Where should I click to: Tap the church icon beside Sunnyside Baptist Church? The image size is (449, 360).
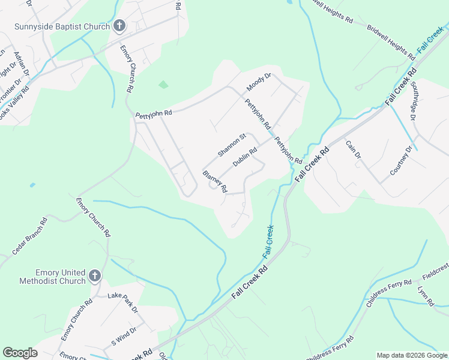[x=119, y=26]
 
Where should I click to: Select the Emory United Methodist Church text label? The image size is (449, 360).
[x=52, y=277]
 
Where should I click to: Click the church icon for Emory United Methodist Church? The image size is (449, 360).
[x=94, y=275]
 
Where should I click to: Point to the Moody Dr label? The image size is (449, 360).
[x=259, y=83]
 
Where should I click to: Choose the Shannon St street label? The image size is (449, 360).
[x=232, y=146]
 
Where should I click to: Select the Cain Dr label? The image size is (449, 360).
[x=354, y=149]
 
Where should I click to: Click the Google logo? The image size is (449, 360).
[x=20, y=352]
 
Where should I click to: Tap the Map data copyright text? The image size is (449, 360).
[x=412, y=355]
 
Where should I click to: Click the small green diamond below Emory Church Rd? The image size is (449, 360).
[x=163, y=85]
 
